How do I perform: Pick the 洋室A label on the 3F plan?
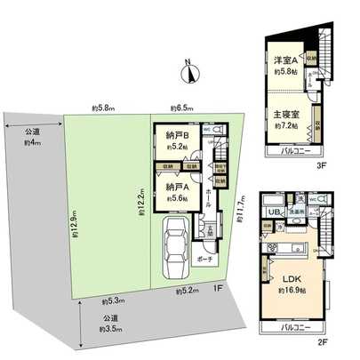(285, 60)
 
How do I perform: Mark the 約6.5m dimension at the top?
(181, 108)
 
